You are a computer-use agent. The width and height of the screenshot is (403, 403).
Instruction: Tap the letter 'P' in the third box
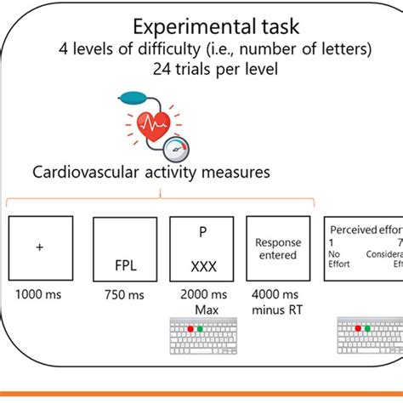point(201,232)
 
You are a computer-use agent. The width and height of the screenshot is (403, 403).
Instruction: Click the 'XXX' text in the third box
point(201,265)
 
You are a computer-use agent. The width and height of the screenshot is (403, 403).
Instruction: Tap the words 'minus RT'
point(276,310)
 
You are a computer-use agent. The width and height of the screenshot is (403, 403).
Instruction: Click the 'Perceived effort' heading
point(365,229)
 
